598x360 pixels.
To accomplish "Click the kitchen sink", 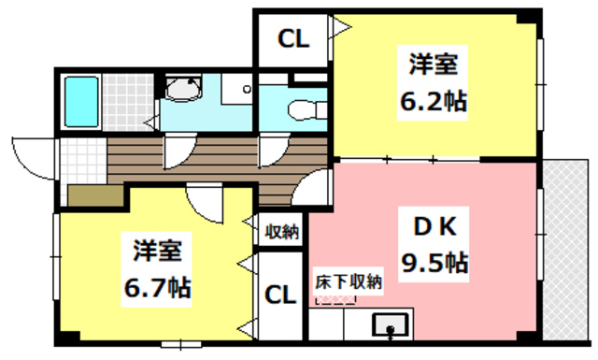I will [389, 325].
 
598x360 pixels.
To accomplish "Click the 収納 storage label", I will [280, 231].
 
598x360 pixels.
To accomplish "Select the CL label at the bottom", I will [280, 295].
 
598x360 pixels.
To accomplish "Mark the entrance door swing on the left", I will [36, 156].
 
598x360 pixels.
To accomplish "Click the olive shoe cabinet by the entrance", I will [94, 194].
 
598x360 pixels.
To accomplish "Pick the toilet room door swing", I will [273, 150].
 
